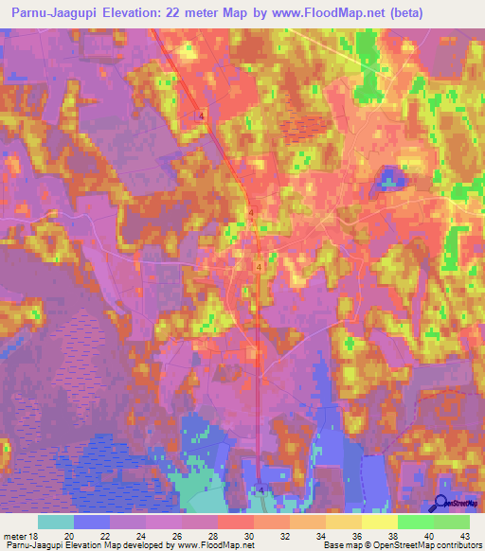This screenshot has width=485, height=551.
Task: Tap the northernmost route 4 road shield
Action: [202, 114]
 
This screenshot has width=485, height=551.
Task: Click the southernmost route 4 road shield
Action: [262, 489]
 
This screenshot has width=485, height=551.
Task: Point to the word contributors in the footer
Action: [458, 545]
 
